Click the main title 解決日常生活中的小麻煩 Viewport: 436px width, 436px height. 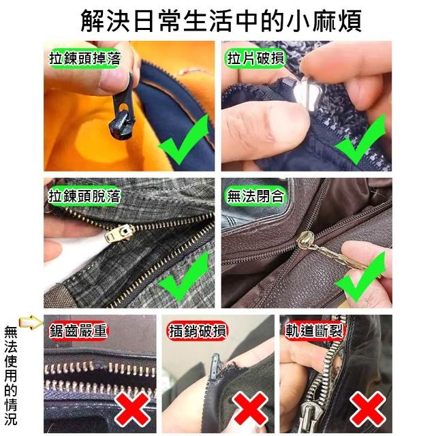[x=221, y=20]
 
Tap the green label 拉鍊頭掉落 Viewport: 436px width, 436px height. [x=84, y=58]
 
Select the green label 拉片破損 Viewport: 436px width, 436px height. [x=255, y=58]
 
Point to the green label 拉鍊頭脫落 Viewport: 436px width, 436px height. [x=84, y=196]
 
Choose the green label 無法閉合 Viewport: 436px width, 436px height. [x=255, y=196]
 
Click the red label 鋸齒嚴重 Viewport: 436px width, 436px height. [x=78, y=331]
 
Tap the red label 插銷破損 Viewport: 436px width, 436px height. [x=198, y=331]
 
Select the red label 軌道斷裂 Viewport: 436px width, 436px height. [x=314, y=331]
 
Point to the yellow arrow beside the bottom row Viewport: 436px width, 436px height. [x=31, y=322]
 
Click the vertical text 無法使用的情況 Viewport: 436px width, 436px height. [x=11, y=376]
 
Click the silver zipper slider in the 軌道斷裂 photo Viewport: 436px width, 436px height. [x=309, y=417]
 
